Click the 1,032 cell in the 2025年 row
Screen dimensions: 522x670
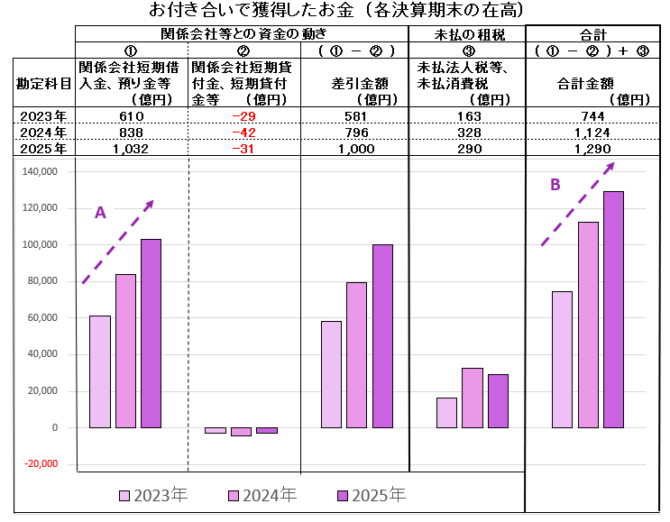click(x=131, y=149)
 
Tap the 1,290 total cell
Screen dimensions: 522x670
click(x=592, y=149)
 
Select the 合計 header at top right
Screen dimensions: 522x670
click(x=592, y=33)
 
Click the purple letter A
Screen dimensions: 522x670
click(x=101, y=213)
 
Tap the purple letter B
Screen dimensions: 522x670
click(x=555, y=185)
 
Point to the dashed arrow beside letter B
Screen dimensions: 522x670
click(x=578, y=205)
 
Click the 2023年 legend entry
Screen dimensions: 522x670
click(x=153, y=495)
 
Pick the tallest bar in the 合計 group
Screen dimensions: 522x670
click(x=614, y=309)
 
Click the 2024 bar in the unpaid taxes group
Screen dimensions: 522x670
click(x=473, y=398)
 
